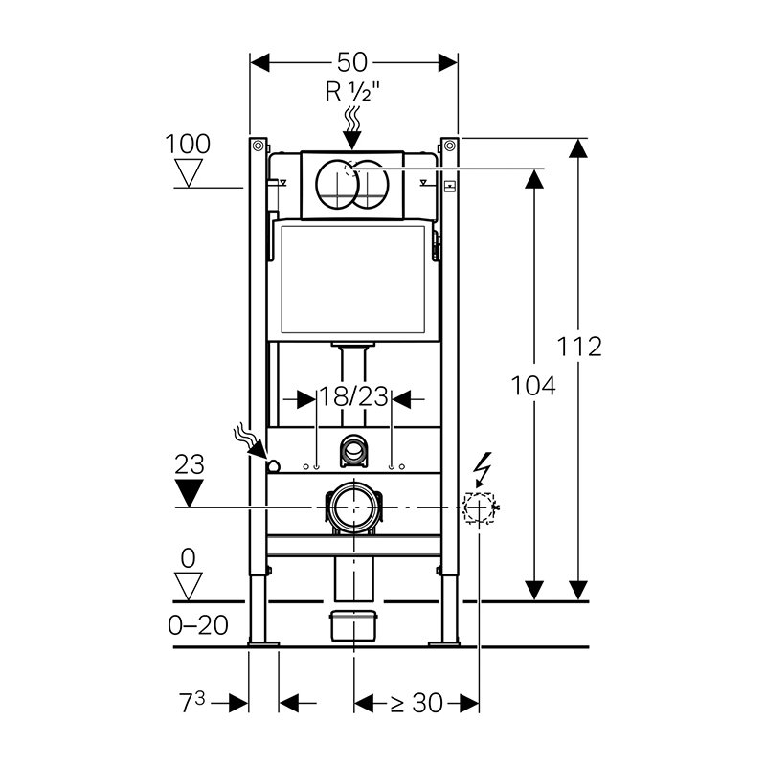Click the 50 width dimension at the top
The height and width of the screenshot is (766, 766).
point(352,62)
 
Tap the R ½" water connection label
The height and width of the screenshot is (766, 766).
point(352,91)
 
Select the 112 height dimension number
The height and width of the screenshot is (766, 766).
point(579,347)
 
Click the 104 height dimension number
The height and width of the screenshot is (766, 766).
point(533,386)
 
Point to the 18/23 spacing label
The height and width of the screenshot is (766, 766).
point(353,396)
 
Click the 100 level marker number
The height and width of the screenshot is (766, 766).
point(188,145)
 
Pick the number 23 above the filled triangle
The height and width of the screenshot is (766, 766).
point(190,464)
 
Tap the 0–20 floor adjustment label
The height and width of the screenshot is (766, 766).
point(198,625)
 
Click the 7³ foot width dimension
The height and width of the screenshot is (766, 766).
point(192,703)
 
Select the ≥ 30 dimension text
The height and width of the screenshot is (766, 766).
point(417,704)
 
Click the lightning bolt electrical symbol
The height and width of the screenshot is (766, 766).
point(483,469)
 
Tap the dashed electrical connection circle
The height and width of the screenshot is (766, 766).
point(479,507)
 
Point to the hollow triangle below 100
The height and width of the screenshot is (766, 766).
point(189,172)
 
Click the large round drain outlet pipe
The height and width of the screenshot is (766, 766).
point(354,507)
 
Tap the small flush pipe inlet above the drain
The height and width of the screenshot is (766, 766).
point(352,449)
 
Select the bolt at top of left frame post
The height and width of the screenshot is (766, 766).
point(258,146)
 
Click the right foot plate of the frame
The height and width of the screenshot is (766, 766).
point(444,643)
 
